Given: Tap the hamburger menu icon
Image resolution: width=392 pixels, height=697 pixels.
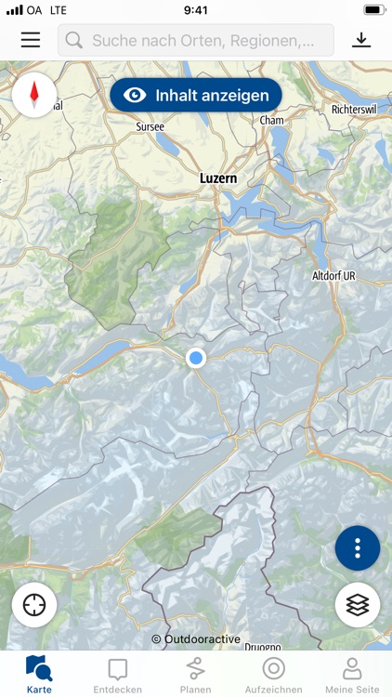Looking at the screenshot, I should [31, 40].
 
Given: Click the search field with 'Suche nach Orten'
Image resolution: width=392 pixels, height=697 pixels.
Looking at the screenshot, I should [196, 40].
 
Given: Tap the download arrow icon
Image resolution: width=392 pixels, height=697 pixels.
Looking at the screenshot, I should [361, 40].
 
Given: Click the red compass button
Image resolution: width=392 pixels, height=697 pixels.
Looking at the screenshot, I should [35, 94].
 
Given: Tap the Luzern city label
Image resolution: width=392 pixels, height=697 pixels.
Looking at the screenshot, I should [218, 178].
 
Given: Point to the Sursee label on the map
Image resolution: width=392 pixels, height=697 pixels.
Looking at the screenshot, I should [150, 125].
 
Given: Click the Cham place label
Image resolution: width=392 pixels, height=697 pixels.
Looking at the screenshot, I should [272, 120].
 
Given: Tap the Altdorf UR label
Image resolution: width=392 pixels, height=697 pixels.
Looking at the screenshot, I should [333, 276].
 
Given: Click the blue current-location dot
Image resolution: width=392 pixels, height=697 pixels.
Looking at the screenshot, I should [195, 358].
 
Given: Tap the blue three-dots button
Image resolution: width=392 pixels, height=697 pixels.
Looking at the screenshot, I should [358, 548].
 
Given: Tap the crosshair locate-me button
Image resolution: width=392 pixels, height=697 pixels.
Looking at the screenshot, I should [35, 605].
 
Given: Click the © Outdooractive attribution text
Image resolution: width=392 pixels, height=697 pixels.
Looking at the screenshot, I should [196, 639].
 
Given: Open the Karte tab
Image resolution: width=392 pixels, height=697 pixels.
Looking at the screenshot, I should [39, 675].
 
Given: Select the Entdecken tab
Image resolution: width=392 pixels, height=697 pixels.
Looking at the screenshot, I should [118, 675].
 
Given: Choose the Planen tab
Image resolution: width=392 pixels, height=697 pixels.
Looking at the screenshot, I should [195, 675].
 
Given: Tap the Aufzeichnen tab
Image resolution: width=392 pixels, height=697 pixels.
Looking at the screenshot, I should [273, 675].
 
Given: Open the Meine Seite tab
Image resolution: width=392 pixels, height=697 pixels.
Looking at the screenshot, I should [352, 675].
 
